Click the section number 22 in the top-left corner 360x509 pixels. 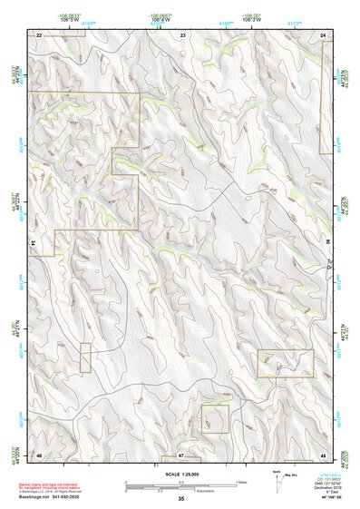click(x=39, y=34)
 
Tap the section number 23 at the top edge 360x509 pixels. click(x=182, y=34)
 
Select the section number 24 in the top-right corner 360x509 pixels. click(x=324, y=34)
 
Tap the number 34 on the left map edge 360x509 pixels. click(x=34, y=243)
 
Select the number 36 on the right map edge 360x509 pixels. click(x=327, y=243)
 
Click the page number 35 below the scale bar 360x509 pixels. click(x=181, y=499)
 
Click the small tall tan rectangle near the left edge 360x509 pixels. click(x=85, y=357)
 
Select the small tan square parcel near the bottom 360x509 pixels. click(x=215, y=418)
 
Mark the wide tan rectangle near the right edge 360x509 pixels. click(x=285, y=363)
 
